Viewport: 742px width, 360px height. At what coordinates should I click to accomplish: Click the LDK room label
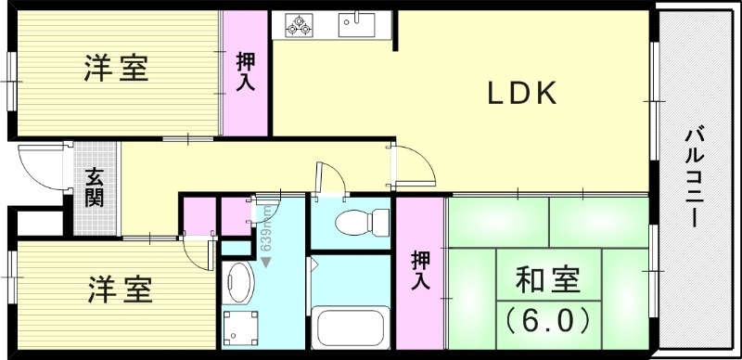[522, 94]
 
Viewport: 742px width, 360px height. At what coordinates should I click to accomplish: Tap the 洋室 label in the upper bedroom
[116, 69]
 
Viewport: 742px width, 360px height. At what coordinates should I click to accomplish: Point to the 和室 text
[546, 280]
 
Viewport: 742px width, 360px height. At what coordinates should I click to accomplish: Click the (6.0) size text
[546, 320]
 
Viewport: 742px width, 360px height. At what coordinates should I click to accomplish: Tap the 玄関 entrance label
[94, 187]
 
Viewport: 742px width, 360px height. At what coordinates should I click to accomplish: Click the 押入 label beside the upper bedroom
[247, 72]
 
